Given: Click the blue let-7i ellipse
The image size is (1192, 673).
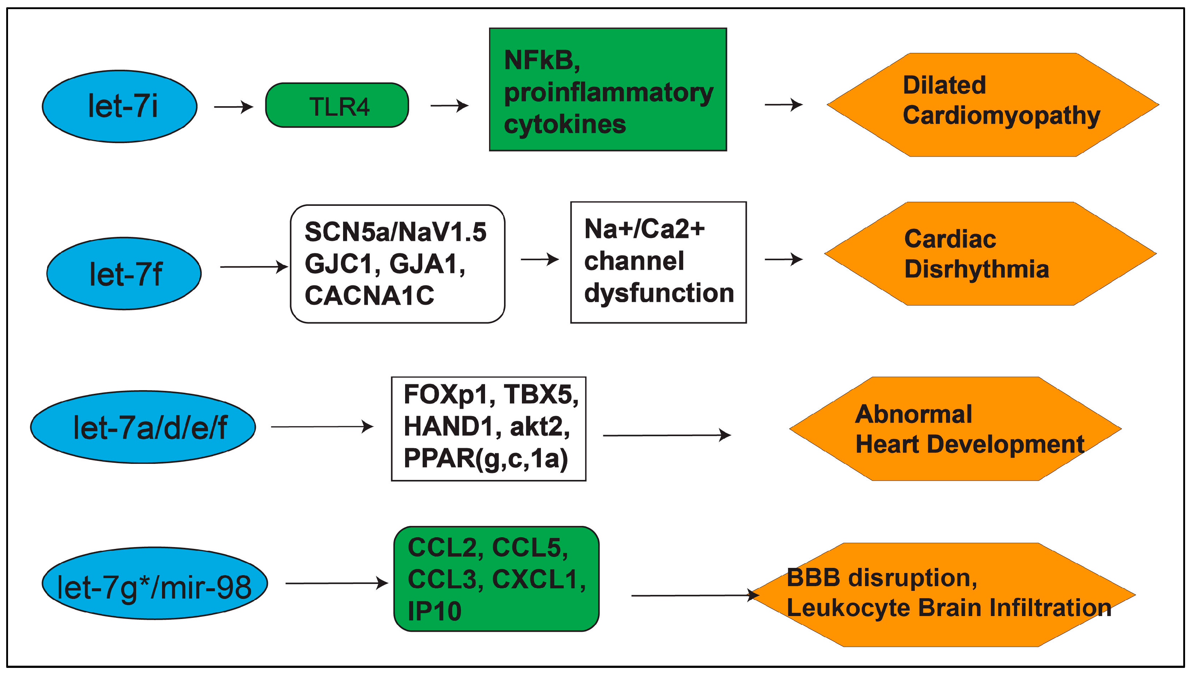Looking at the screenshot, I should (x=119, y=107).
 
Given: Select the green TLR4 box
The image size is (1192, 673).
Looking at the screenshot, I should (x=337, y=106).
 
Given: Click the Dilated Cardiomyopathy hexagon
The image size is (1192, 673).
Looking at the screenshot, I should (x=993, y=105).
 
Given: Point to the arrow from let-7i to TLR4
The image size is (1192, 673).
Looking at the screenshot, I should (x=233, y=107).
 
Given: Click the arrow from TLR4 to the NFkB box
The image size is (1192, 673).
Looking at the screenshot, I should (x=449, y=105).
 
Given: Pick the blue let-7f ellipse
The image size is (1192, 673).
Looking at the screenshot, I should (x=124, y=274).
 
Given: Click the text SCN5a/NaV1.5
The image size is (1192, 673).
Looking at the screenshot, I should (x=395, y=232).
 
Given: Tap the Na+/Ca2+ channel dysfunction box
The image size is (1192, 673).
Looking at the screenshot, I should (x=658, y=262).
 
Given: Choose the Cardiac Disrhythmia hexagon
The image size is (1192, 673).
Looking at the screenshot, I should (x=990, y=254).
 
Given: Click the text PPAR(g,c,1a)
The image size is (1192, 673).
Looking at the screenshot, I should (x=485, y=459).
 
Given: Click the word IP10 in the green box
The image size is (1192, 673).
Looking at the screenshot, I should (x=434, y=611).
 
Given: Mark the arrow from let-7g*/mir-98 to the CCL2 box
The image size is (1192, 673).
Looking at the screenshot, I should (x=337, y=583).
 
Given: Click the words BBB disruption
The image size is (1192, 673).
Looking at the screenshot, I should (x=881, y=578).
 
